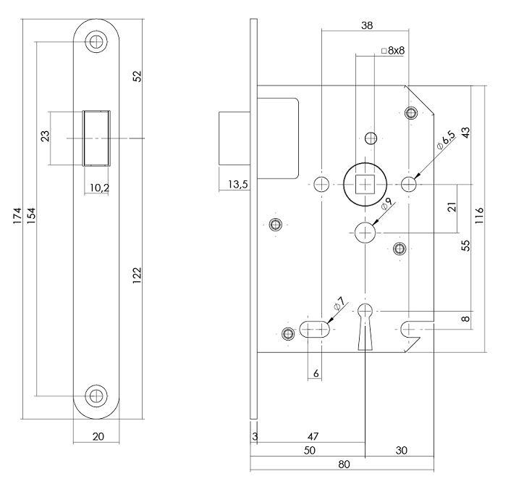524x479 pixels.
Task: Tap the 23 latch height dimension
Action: [x=44, y=138]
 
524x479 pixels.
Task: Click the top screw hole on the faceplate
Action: [x=96, y=41]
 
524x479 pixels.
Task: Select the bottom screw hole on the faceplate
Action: [x=96, y=396]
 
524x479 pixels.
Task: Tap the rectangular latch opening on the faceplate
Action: [x=97, y=138]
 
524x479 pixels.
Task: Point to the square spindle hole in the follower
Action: [x=367, y=183]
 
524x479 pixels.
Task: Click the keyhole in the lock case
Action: [x=367, y=319]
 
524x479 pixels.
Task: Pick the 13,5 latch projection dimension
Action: [x=237, y=185]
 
